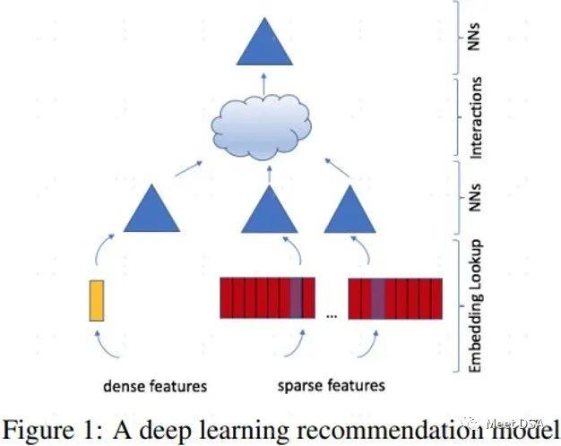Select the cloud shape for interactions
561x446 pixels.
point(264,131)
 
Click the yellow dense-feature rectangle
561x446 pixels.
point(97,299)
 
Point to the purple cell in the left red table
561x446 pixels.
point(296,298)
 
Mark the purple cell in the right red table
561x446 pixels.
point(377,298)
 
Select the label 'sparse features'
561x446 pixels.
point(331,386)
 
